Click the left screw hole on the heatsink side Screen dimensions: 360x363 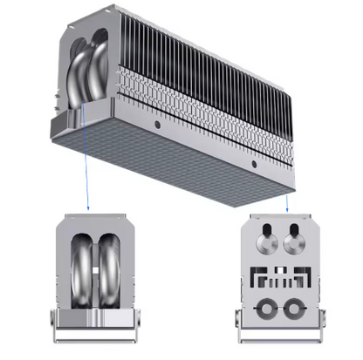click(158, 126)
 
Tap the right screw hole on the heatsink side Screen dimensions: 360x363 click(254, 163)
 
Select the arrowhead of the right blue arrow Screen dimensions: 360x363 click(286, 209)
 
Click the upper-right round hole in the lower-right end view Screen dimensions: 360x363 click(294, 238)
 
